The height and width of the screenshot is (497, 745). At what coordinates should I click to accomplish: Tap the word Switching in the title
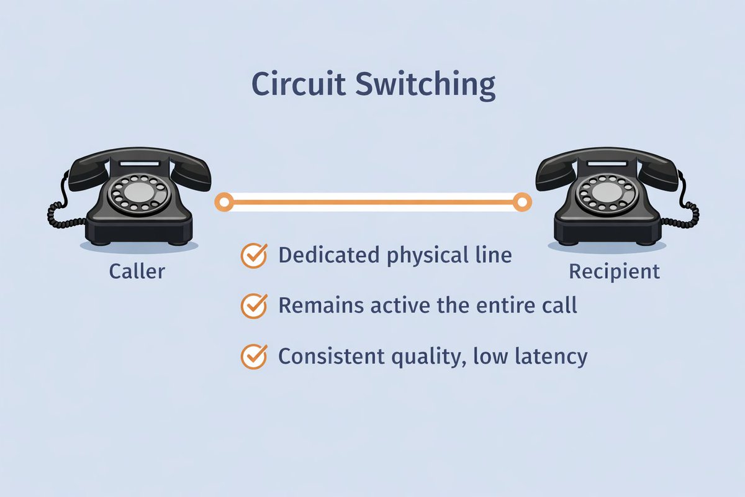(425, 85)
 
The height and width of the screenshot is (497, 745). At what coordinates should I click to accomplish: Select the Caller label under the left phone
(137, 271)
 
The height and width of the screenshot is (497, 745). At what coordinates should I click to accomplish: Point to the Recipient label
(615, 271)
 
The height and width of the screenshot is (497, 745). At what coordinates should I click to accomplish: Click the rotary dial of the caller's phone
(139, 194)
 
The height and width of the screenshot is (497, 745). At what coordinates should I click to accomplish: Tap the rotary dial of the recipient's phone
(607, 194)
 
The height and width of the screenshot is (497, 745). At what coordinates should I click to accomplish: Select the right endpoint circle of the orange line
(522, 201)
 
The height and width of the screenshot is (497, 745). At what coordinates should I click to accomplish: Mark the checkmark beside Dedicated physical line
(253, 255)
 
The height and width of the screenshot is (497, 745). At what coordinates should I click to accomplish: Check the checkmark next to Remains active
(253, 306)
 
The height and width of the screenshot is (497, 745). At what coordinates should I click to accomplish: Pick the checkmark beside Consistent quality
(253, 356)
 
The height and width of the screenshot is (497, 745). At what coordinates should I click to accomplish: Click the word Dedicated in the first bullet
(327, 255)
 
